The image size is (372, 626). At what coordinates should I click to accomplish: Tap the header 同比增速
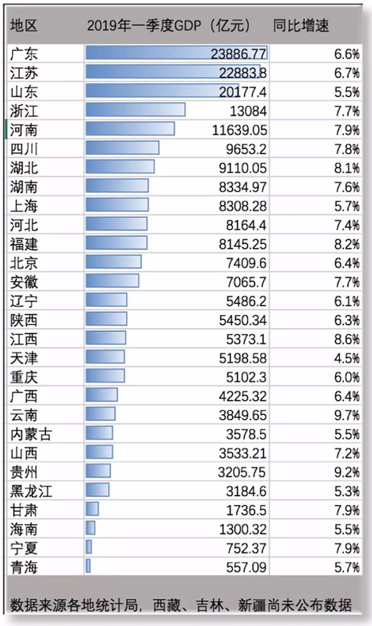pos(301,26)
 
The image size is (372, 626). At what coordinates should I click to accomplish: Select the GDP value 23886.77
pos(238,54)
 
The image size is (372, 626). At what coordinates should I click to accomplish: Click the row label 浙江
pos(24,111)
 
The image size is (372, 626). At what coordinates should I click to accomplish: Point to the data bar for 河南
pos(130,129)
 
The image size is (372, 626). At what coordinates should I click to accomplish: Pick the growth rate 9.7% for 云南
pos(346,415)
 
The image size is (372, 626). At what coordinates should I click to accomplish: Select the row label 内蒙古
pos(31,434)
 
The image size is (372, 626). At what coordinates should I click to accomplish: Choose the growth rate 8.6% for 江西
pos(346,339)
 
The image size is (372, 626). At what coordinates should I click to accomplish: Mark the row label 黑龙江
pos(31,491)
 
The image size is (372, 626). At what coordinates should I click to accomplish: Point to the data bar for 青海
pos(88,566)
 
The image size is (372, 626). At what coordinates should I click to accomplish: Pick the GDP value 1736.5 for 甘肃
pos(243,510)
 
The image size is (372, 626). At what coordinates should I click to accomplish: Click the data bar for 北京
pos(113,262)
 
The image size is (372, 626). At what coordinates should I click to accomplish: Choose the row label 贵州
pos(24,472)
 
